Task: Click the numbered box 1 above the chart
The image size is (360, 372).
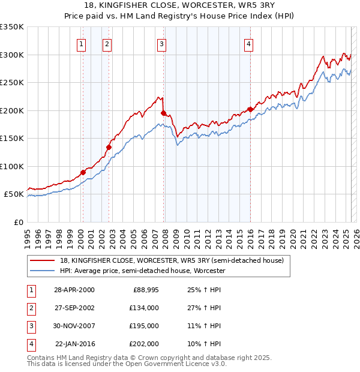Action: pyautogui.click(x=81, y=43)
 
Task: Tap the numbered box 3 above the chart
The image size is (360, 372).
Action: pyautogui.click(x=162, y=43)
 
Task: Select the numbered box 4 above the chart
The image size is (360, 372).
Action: pyautogui.click(x=248, y=43)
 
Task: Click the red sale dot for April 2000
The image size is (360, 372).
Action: pyautogui.click(x=83, y=172)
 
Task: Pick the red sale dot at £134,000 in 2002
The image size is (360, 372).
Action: pyautogui.click(x=109, y=147)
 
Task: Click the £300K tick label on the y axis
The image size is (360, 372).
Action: pyautogui.click(x=12, y=55)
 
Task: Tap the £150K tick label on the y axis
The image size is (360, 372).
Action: pyautogui.click(x=12, y=138)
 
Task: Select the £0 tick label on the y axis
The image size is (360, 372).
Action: pyautogui.click(x=17, y=222)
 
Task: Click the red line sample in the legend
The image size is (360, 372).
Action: pyautogui.click(x=43, y=260)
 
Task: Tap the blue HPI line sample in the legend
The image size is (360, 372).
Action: pyautogui.click(x=43, y=271)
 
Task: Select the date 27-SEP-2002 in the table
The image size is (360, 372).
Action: pyautogui.click(x=74, y=308)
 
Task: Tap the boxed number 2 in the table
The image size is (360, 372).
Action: pyautogui.click(x=31, y=308)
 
